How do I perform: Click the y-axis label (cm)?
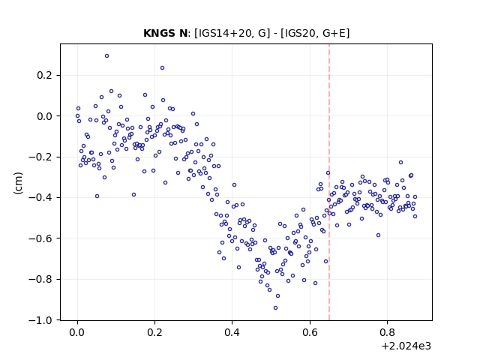[18, 183]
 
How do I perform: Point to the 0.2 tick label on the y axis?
[44, 75]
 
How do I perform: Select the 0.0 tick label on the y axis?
[44, 116]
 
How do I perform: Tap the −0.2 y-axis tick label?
[40, 157]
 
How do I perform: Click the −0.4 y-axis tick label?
[40, 198]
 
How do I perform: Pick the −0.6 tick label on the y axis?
[40, 238]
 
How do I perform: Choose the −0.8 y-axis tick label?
[40, 279]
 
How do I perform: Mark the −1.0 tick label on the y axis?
[40, 320]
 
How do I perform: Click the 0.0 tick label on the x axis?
[77, 332]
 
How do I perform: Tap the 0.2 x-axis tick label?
[154, 332]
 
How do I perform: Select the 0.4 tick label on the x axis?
[232, 332]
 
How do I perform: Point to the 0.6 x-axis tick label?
[310, 332]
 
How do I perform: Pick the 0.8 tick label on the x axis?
[387, 332]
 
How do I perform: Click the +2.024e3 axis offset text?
[406, 346]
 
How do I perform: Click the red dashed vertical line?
[329, 182]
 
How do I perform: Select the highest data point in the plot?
[106, 56]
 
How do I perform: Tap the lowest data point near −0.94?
[275, 308]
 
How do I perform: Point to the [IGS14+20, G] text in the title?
[232, 33]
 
